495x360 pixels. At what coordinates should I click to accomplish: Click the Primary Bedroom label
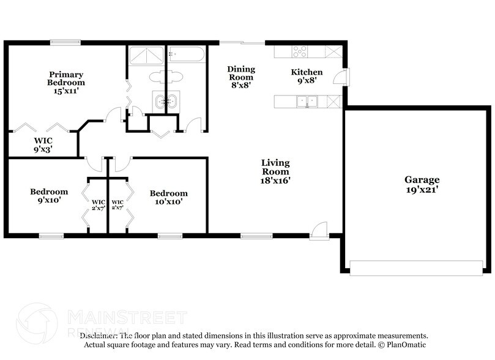tap(66, 82)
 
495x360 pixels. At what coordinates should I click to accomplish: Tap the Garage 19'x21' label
tap(422, 184)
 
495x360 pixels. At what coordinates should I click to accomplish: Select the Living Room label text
tap(275, 171)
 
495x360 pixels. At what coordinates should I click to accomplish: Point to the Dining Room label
tap(241, 77)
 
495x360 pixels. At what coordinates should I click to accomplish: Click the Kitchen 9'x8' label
tap(306, 77)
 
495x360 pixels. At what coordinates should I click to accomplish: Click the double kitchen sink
tap(308, 101)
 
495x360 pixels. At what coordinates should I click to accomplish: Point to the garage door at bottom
tap(415, 266)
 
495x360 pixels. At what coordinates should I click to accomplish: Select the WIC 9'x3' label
tap(43, 144)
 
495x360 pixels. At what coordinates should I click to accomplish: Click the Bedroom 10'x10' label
tap(168, 197)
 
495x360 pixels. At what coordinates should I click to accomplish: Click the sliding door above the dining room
tap(242, 42)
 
